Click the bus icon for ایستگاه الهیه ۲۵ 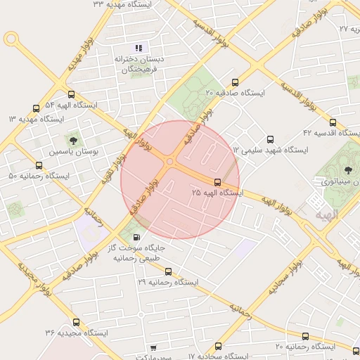coord(217,182)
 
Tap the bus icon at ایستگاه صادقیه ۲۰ coord(235,82)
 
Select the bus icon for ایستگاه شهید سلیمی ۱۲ coord(271,139)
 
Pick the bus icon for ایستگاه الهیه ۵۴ coord(71,94)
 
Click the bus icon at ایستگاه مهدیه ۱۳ coord(36,109)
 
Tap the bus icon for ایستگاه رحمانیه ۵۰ coord(39,166)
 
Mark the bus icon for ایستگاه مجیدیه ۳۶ coord(76,323)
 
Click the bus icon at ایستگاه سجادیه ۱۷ coord(218,347)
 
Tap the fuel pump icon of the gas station coord(136,237)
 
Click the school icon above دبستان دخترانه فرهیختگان coord(139,48)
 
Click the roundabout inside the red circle coord(170,162)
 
